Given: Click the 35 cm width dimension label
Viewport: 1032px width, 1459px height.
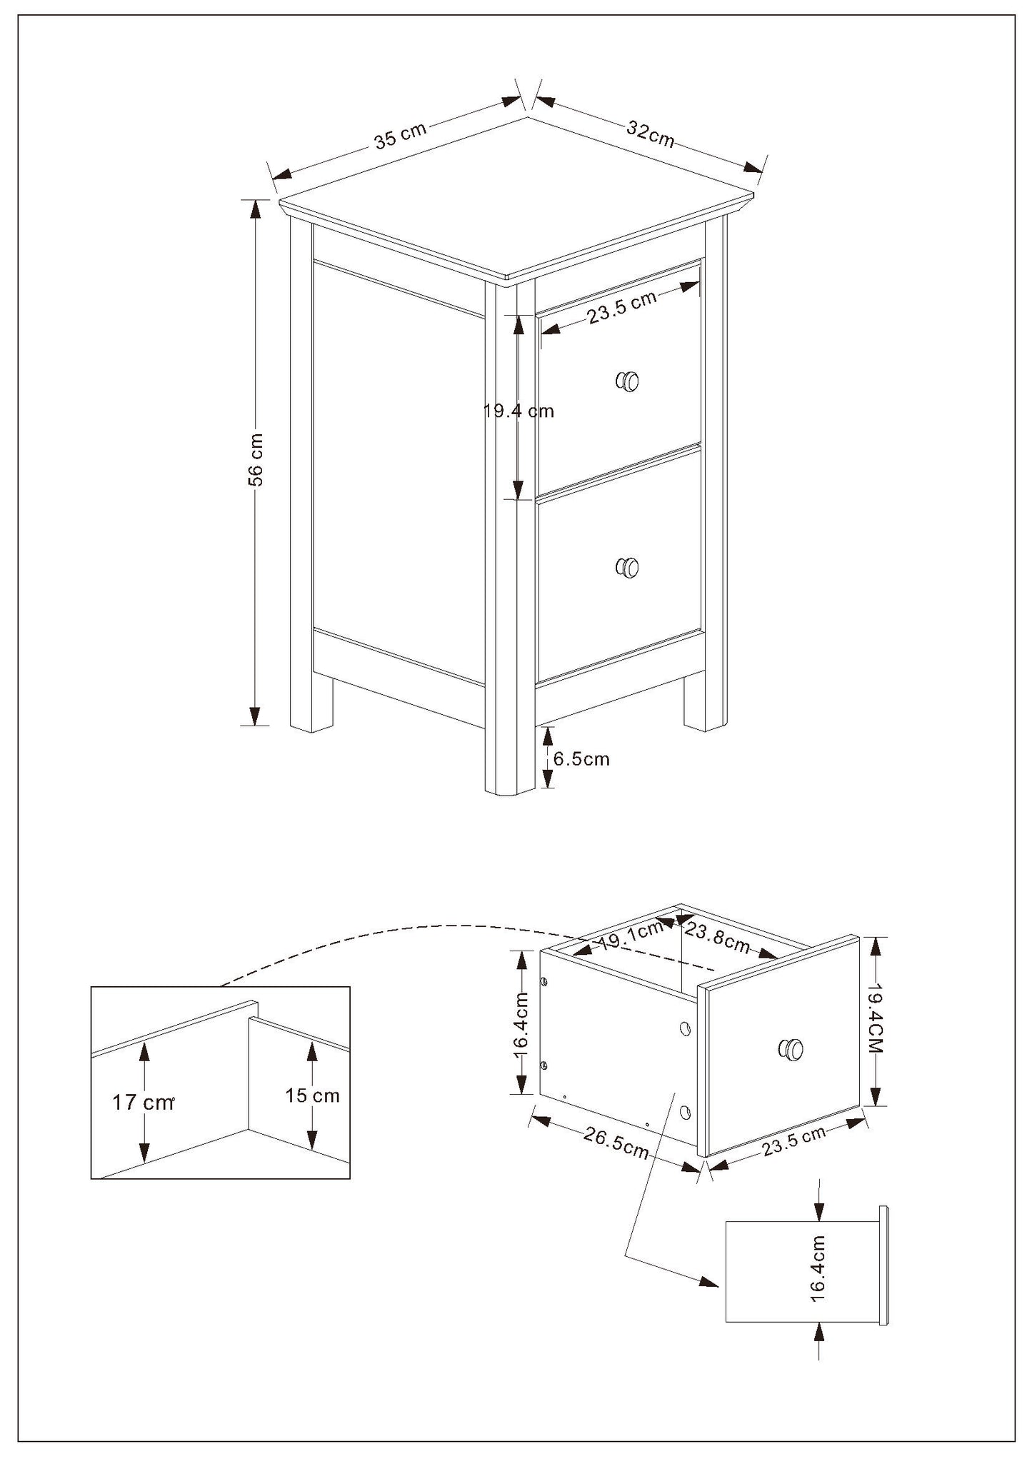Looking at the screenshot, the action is point(400,134).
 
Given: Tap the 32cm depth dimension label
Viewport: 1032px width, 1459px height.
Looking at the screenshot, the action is point(651,134).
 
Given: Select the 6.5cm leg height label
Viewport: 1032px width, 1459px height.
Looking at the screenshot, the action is point(581,758).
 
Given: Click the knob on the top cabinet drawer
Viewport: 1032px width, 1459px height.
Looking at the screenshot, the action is point(627,381).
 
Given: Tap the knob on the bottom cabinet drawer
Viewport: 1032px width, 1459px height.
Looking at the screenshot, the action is point(627,568).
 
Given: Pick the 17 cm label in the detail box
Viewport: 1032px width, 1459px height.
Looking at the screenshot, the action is point(143,1102).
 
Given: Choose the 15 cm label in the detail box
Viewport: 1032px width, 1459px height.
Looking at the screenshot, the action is point(312,1095).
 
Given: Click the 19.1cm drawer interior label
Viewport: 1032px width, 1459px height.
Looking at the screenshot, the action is point(631,938).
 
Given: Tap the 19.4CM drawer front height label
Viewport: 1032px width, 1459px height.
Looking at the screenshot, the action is point(876,1021).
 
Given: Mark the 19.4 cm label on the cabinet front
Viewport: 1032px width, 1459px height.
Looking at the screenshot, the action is point(518,411).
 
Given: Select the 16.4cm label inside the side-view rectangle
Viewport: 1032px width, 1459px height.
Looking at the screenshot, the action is point(818,1268).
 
